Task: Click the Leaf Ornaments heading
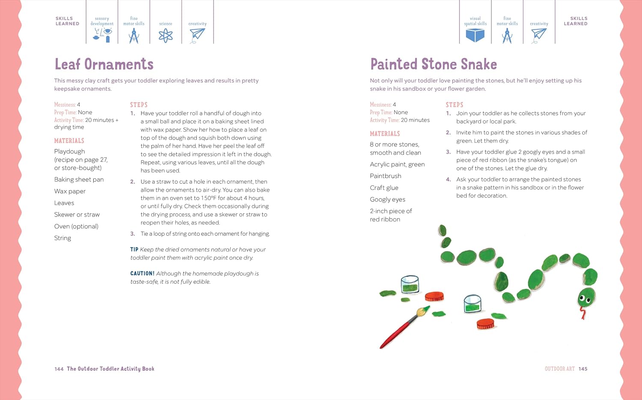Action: [x=104, y=65]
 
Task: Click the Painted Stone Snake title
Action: [x=433, y=65]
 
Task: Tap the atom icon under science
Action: [x=166, y=36]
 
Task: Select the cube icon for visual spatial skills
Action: [x=475, y=36]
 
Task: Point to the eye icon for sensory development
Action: [x=107, y=31]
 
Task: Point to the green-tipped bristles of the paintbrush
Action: [x=423, y=311]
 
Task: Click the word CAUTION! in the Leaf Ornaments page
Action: [x=143, y=273]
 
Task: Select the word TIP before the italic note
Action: [x=134, y=249]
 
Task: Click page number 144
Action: [x=59, y=369]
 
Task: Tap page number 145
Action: [x=583, y=369]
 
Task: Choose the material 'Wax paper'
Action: [x=70, y=191]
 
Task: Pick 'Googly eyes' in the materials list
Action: [x=387, y=199]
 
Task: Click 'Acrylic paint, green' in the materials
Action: [x=397, y=164]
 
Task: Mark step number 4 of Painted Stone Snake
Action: [x=448, y=180]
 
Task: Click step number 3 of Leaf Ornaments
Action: [x=132, y=234]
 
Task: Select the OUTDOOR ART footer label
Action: [x=559, y=369]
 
